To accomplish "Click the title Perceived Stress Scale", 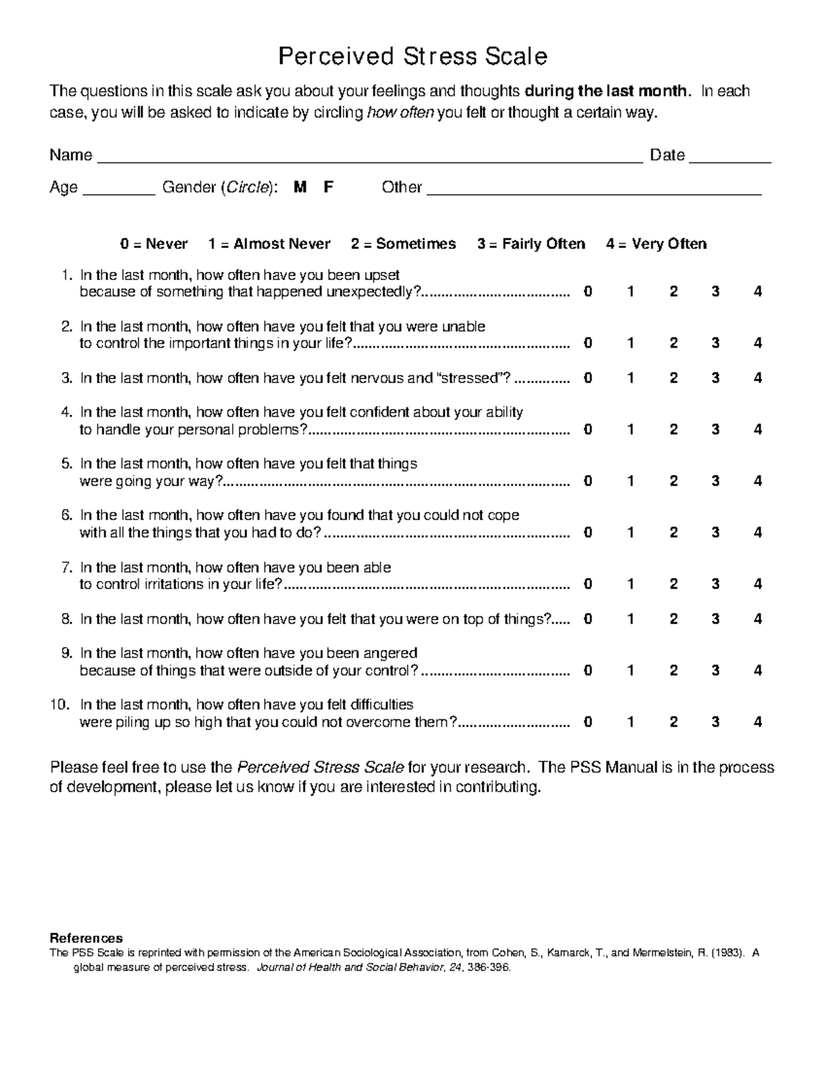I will pyautogui.click(x=412, y=56).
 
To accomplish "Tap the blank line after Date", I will pyautogui.click(x=730, y=158).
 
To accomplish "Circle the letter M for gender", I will pyautogui.click(x=299, y=187).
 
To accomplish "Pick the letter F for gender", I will pyautogui.click(x=328, y=187).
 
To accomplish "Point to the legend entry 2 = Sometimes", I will pyautogui.click(x=403, y=244).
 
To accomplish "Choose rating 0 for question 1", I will pyautogui.click(x=587, y=292).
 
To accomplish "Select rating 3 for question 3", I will pyautogui.click(x=716, y=378).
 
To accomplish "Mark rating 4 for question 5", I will pyautogui.click(x=758, y=481).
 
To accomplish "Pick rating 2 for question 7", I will pyautogui.click(x=673, y=584).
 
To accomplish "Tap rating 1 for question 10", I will pyautogui.click(x=630, y=722).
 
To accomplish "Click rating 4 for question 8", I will pyautogui.click(x=758, y=619).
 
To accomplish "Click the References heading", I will pyautogui.click(x=86, y=938).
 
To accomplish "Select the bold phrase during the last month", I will pyautogui.click(x=606, y=91).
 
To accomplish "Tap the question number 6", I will pyautogui.click(x=66, y=516).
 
